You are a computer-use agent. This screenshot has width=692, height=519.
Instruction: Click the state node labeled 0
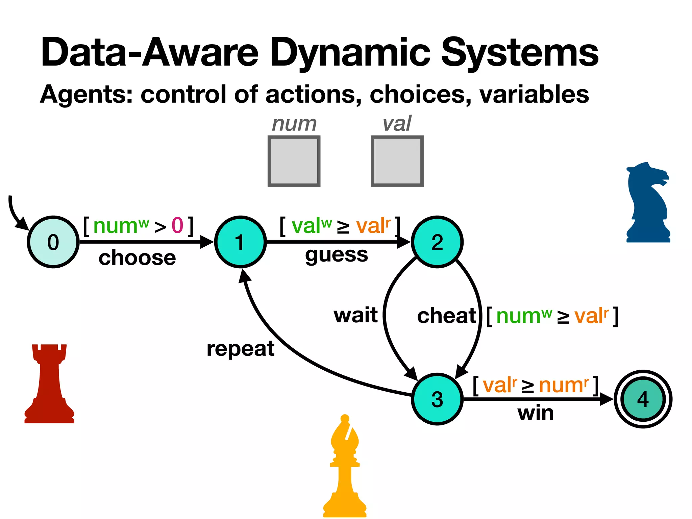(53, 242)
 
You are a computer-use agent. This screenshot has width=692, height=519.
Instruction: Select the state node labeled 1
(240, 242)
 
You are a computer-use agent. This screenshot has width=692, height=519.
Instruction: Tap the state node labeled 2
(437, 242)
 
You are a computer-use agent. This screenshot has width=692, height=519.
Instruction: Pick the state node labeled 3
(437, 399)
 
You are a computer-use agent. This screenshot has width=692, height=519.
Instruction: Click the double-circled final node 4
(643, 399)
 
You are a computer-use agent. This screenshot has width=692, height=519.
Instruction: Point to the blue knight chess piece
(647, 203)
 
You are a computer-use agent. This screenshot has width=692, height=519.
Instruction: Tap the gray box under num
(294, 161)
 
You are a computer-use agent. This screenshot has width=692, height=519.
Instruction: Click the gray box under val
(397, 161)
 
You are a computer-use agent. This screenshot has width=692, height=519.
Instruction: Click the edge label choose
(137, 258)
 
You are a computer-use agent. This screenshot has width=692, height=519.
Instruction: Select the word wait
(355, 315)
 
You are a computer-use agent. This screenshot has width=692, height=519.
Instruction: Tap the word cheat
(446, 316)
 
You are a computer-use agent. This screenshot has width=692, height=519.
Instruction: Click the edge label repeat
(240, 349)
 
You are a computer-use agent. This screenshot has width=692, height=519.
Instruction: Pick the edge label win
(536, 413)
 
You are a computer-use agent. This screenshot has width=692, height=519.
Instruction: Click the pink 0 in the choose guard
(177, 225)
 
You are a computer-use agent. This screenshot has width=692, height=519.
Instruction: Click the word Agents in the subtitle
(86, 94)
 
